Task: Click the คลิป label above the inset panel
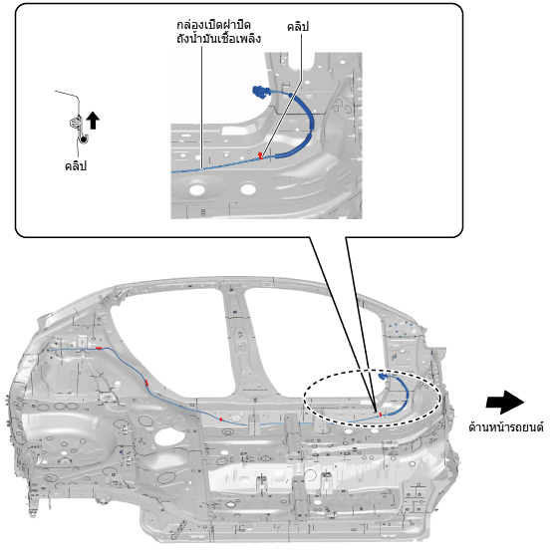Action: point(297,26)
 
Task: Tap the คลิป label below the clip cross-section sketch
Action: point(76,166)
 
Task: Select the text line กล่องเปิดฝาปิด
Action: point(213,25)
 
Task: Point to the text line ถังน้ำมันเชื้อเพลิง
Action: point(218,38)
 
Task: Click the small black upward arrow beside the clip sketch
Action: point(93,121)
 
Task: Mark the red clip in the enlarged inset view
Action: point(261,155)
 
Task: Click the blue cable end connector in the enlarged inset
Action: point(260,92)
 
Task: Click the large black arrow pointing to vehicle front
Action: point(505,403)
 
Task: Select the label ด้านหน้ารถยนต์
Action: point(506,426)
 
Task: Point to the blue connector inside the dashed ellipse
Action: point(383,376)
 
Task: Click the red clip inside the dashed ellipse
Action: point(380,415)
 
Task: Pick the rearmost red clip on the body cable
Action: point(99,348)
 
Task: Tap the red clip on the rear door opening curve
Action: point(146,383)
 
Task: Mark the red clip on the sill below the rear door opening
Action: point(221,419)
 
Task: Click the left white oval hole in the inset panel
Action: point(197,189)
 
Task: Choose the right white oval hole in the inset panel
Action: point(248,188)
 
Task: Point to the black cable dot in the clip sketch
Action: point(84,140)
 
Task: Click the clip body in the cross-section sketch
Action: point(76,123)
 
